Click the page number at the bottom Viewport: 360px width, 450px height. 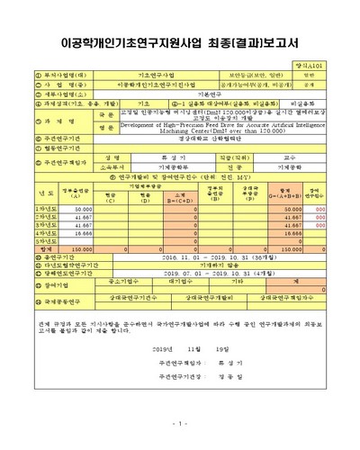click(x=180, y=423)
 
